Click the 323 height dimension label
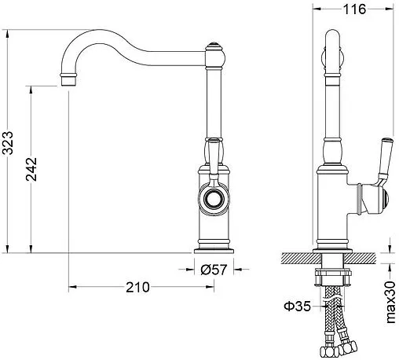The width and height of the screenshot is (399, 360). pyautogui.click(x=8, y=143)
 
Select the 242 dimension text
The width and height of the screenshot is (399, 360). pyautogui.click(x=31, y=169)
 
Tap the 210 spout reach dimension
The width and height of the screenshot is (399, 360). pyautogui.click(x=137, y=287)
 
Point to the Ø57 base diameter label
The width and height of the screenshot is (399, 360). pyautogui.click(x=214, y=270)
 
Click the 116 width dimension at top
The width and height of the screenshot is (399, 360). pyautogui.click(x=354, y=9)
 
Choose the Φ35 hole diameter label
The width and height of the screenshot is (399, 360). pyautogui.click(x=298, y=306)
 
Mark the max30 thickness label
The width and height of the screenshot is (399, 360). pyautogui.click(x=390, y=302)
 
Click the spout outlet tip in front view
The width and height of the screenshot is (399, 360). pyautogui.click(x=69, y=80)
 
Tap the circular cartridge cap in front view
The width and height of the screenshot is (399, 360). pyautogui.click(x=214, y=198)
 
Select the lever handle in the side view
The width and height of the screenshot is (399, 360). pyautogui.click(x=384, y=160)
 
